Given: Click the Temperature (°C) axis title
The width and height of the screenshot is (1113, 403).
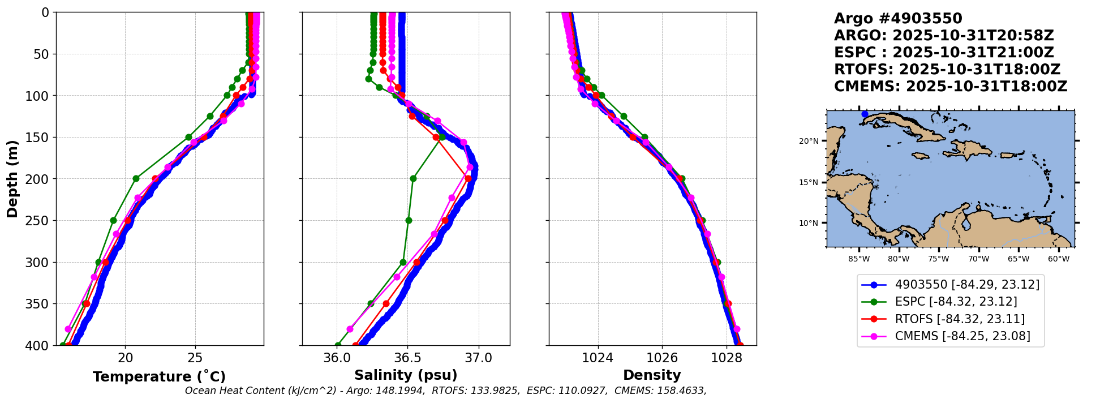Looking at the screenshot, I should click(x=159, y=376).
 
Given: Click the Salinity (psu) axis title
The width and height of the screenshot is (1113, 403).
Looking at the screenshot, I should click(x=406, y=375).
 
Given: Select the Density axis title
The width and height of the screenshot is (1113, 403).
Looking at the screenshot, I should click(x=652, y=375).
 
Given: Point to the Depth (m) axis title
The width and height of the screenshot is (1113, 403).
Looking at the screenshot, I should click(x=12, y=179).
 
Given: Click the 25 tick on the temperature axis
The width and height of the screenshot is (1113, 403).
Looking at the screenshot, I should click(x=195, y=358).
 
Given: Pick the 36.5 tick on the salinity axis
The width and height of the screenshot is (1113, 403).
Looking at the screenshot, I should click(x=407, y=358).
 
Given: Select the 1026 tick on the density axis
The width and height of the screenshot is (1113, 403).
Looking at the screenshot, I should click(x=662, y=358).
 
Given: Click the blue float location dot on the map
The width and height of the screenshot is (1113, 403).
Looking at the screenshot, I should click(x=865, y=114).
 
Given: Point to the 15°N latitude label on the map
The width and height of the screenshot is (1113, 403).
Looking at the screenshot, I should click(x=809, y=183).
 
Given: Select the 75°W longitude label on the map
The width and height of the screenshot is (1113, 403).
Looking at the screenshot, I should click(x=938, y=259).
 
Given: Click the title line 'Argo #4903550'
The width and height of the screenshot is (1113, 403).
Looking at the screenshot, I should click(x=898, y=19).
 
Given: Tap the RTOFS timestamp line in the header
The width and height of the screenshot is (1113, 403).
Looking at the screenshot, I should click(x=947, y=70).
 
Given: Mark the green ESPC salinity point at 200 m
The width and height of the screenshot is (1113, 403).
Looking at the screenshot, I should click(x=413, y=178).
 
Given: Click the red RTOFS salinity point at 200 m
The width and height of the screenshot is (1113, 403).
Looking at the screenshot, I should click(x=468, y=178).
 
